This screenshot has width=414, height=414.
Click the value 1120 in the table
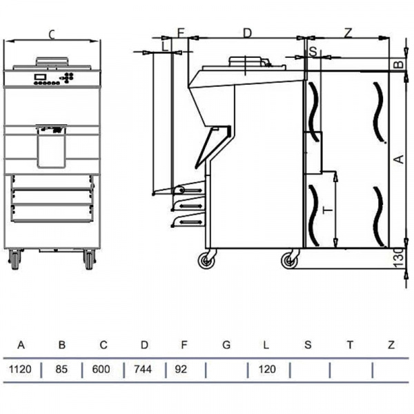tap(20, 369)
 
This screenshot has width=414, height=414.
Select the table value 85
tap(61, 369)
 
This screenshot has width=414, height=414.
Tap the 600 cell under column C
tap(101, 369)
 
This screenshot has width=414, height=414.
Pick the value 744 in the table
tap(143, 369)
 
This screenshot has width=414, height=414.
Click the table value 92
tap(181, 369)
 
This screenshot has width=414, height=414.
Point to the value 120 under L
tap(267, 369)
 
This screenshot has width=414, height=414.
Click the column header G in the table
tap(226, 345)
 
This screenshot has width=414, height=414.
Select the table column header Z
tap(391, 345)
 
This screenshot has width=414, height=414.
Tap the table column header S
tap(308, 345)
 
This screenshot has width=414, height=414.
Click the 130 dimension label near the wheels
tap(400, 257)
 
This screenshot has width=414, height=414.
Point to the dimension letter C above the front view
tap(52, 34)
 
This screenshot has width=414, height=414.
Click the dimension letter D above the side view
tap(247, 33)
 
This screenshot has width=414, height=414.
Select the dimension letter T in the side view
tap(328, 210)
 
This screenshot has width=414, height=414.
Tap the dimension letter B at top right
tap(400, 64)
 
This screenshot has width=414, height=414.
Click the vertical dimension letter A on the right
tap(400, 159)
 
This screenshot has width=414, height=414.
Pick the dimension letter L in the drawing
tap(165, 46)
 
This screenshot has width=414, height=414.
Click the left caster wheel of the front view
tap(14, 259)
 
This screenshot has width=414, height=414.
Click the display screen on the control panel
tap(40, 77)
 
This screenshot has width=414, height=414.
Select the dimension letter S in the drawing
tap(313, 52)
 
